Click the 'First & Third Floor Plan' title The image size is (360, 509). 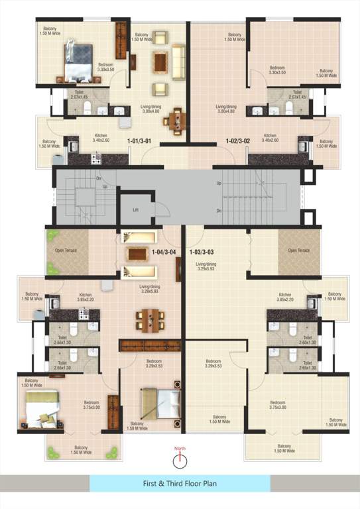pyautogui.click(x=180, y=484)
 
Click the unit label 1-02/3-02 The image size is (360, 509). pyautogui.click(x=237, y=141)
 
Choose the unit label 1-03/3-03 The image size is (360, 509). pyautogui.click(x=202, y=252)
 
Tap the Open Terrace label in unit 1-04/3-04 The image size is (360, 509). pyautogui.click(x=65, y=251)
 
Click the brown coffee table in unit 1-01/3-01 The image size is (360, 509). pyautogui.click(x=161, y=62)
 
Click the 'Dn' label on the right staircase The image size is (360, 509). pyautogui.click(x=219, y=211)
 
